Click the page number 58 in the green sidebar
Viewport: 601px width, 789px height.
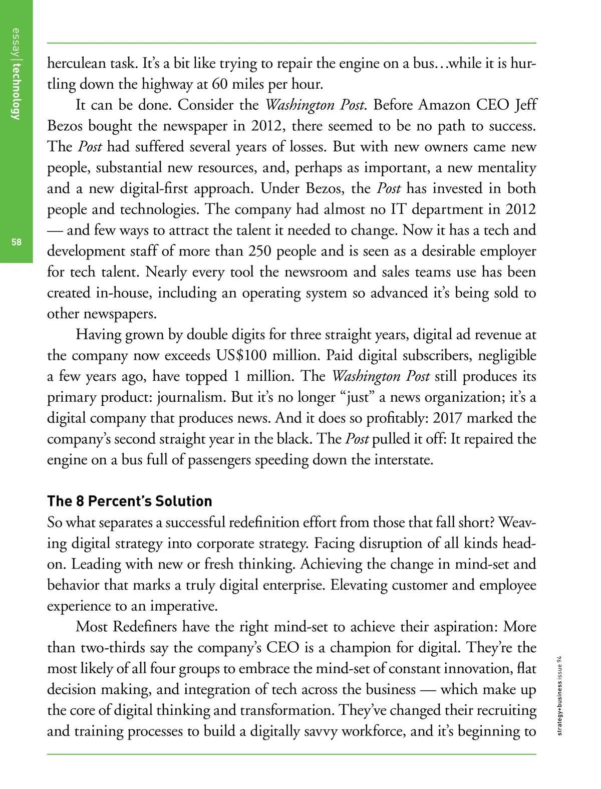click(x=17, y=242)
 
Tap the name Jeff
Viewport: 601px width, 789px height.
click(x=526, y=105)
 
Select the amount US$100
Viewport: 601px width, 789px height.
click(x=241, y=356)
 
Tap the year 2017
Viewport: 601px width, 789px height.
click(x=447, y=418)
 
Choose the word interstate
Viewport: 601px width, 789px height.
click(x=403, y=460)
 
